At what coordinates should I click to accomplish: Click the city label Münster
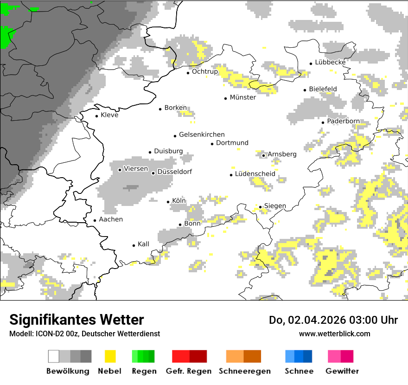click(x=242, y=97)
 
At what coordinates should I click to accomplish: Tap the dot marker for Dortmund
click(x=212, y=144)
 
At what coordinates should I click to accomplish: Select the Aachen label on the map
click(x=111, y=219)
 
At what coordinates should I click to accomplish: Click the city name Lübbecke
click(x=330, y=62)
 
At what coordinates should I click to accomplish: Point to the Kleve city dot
click(x=97, y=116)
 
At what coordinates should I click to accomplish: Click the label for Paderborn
click(x=343, y=121)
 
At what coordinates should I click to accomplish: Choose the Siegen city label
click(x=275, y=206)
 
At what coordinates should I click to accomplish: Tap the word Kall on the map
click(x=143, y=244)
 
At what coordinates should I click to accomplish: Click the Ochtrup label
click(x=205, y=71)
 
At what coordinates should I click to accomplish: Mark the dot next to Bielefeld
click(x=305, y=90)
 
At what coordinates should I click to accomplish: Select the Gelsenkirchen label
click(x=202, y=135)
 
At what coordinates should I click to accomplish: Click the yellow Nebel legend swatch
click(x=110, y=356)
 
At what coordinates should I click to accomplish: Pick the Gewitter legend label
click(x=342, y=371)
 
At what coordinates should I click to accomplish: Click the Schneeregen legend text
click(x=244, y=371)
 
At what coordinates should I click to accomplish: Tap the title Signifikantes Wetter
click(x=76, y=320)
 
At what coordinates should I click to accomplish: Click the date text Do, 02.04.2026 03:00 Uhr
click(x=333, y=320)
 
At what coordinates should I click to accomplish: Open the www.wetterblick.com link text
click(x=334, y=334)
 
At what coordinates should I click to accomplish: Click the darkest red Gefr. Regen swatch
click(x=198, y=356)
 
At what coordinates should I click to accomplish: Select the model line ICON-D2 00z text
click(x=84, y=334)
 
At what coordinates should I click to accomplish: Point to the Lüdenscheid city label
click(x=255, y=174)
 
